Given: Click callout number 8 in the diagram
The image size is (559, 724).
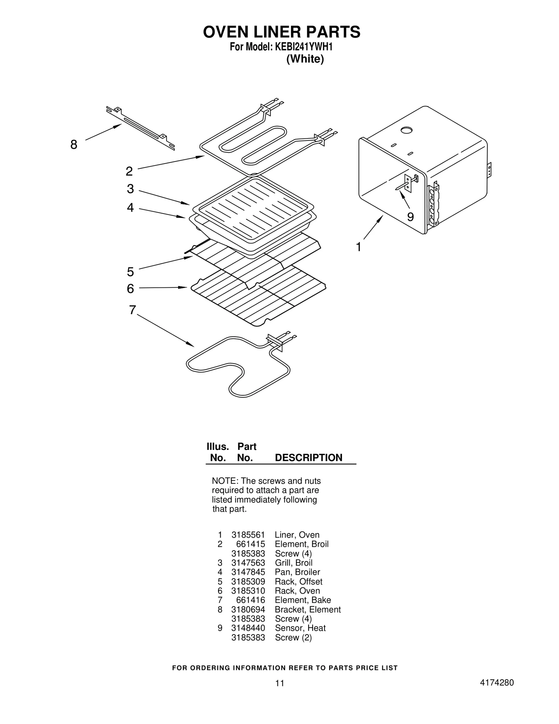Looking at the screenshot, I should [x=73, y=144].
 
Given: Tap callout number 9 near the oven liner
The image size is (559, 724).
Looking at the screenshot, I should [x=411, y=217].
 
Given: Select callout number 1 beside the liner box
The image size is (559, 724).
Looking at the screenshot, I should [x=358, y=247].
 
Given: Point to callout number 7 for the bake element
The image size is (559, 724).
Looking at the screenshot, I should [x=132, y=310].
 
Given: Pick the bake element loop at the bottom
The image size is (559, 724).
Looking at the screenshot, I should [x=238, y=367].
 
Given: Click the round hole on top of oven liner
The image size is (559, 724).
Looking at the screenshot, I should [x=406, y=130].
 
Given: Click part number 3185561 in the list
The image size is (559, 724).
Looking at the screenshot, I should [x=248, y=535].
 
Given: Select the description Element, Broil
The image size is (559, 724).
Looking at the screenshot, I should [x=302, y=544].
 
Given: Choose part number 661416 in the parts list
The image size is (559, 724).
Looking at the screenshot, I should [x=251, y=600].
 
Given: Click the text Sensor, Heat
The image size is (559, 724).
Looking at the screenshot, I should [x=300, y=628].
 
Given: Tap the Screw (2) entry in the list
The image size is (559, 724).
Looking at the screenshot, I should [x=293, y=637].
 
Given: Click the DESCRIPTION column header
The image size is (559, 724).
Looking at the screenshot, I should [x=308, y=458].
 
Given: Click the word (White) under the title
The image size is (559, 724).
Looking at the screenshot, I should [x=305, y=59].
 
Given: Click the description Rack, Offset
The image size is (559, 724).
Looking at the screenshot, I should [x=298, y=581].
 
